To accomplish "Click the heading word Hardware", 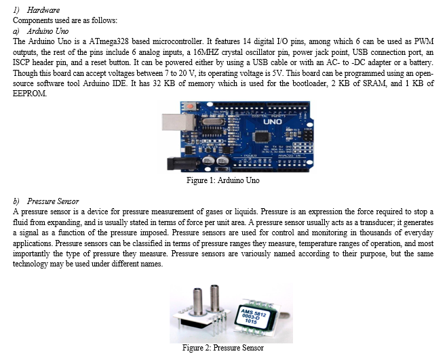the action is [43, 10].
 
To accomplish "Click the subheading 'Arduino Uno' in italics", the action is [47, 31].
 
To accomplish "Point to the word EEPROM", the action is [30, 94].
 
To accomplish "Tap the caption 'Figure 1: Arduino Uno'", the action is [223, 180].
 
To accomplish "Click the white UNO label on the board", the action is [272, 122].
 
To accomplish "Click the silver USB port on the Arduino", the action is [178, 122].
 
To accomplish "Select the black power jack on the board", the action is [183, 164].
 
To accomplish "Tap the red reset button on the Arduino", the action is [189, 106].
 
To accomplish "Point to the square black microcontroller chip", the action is [261, 136].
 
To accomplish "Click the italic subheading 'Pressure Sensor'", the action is [53, 201].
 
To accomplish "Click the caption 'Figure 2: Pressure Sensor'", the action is [223, 348].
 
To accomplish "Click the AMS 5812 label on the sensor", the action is [252, 315].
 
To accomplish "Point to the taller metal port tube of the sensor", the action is [214, 298].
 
